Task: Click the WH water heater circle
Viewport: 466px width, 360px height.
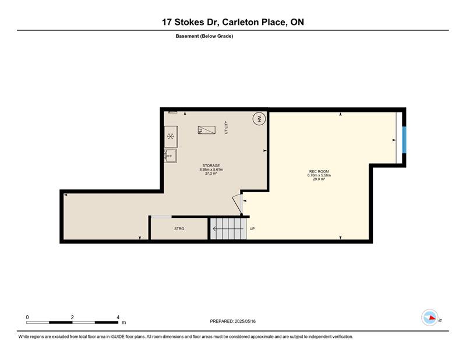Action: click(259, 119)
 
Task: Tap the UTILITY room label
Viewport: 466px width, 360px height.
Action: click(226, 128)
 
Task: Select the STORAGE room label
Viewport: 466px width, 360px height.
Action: click(211, 165)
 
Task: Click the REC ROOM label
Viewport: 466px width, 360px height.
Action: click(319, 171)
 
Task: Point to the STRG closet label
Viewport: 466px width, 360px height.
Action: click(179, 228)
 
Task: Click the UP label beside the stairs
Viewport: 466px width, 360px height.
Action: click(252, 228)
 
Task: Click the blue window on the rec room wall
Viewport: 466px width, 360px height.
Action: click(404, 140)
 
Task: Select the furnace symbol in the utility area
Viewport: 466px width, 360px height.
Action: click(207, 130)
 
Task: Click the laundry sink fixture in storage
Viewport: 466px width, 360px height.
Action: click(171, 156)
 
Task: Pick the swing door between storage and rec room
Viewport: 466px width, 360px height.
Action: click(238, 204)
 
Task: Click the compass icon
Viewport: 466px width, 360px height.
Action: click(430, 317)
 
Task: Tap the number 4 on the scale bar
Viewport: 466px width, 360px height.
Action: click(118, 317)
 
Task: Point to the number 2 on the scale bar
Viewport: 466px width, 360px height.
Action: click(72, 317)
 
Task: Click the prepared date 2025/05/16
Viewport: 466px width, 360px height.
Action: click(245, 321)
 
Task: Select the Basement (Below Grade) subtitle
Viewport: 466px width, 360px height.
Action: click(204, 36)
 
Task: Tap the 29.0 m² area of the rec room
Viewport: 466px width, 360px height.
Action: click(319, 179)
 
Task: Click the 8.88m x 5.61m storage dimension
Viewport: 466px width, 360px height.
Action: click(211, 170)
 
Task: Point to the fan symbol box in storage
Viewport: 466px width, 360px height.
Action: click(171, 136)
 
